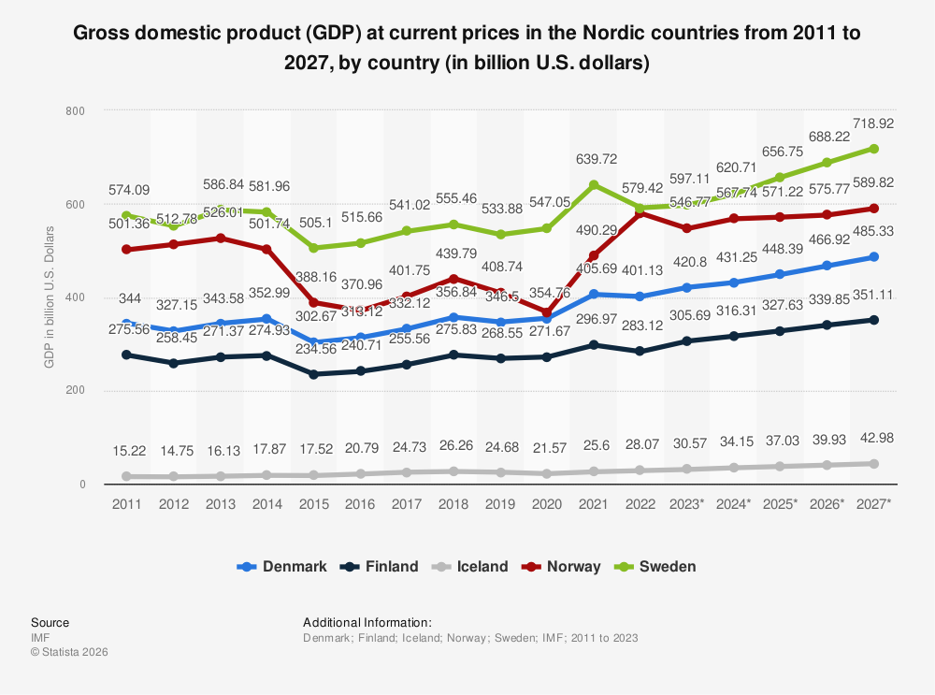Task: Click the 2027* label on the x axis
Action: point(873,503)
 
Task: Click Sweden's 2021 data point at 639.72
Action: point(593,185)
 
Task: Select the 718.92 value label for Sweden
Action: point(873,123)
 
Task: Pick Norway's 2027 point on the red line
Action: point(873,209)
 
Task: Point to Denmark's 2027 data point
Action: point(873,257)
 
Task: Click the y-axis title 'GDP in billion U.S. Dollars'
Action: point(49,297)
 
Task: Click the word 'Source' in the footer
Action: point(50,622)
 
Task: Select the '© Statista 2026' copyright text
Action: point(69,652)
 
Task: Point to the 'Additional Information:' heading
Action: point(367,622)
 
